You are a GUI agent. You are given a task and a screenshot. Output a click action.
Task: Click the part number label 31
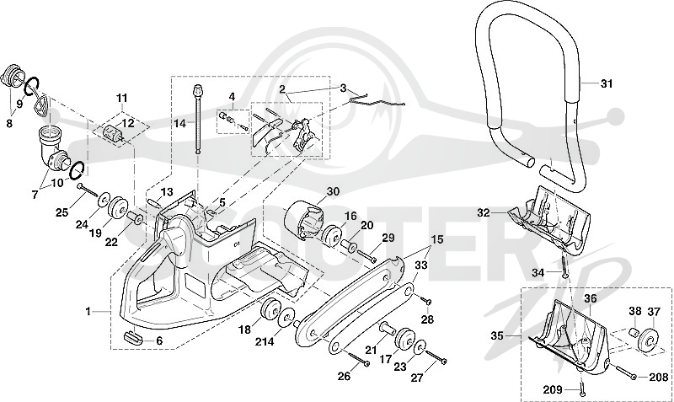[x=606, y=83]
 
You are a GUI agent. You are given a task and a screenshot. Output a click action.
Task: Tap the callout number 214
[x=264, y=342]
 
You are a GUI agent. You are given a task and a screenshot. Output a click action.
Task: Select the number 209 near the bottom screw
[x=553, y=390]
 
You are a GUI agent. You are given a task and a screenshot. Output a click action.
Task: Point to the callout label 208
[x=659, y=378]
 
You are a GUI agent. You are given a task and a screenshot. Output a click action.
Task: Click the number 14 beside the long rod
[x=180, y=124]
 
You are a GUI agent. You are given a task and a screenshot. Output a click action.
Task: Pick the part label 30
[x=333, y=192]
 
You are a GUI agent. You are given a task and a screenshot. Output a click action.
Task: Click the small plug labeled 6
[x=134, y=336]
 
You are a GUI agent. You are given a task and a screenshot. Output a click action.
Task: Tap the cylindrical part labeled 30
[x=304, y=220]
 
